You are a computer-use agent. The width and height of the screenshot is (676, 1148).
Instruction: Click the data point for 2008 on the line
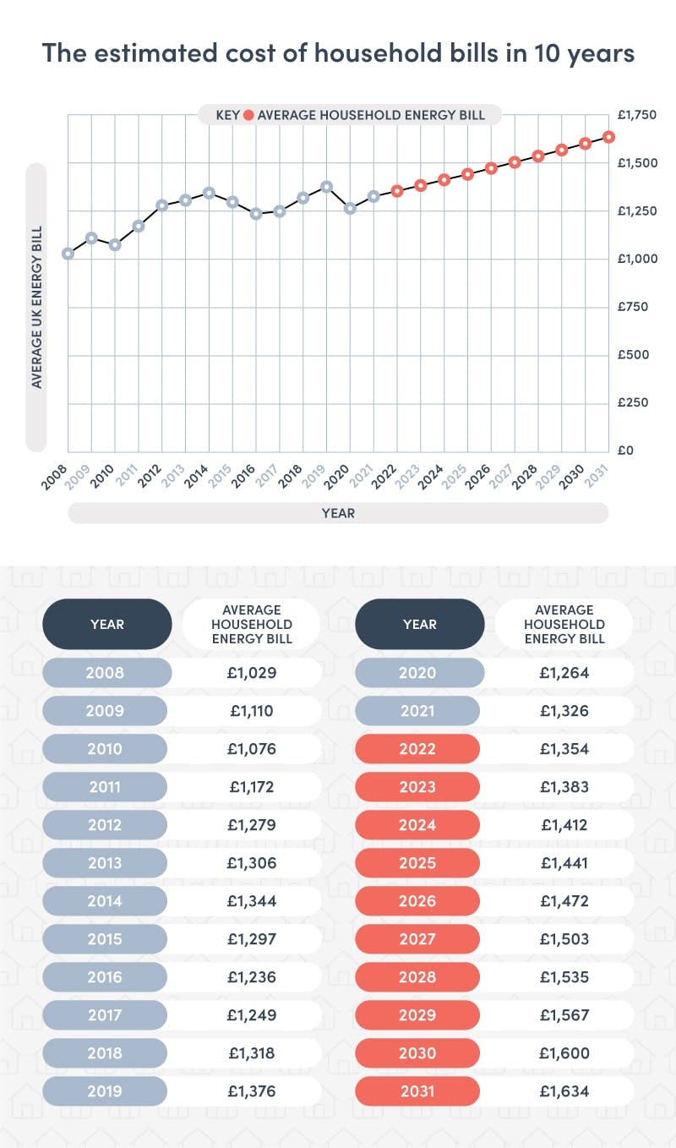point(68,254)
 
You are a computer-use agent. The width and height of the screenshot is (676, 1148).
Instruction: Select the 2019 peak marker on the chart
point(327,187)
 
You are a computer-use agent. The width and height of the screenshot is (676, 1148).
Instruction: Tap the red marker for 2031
point(608,137)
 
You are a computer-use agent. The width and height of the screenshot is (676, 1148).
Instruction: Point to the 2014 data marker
point(210,193)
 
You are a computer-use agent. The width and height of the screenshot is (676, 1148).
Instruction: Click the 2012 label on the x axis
point(150,475)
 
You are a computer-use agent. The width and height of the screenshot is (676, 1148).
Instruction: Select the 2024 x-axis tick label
point(432,475)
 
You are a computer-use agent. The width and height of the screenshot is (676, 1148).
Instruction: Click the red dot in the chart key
point(248,115)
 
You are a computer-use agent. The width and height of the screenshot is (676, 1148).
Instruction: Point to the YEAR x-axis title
point(338,513)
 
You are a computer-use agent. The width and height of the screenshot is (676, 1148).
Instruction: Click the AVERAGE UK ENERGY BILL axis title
point(36,307)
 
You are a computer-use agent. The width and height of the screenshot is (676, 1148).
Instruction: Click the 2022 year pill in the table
point(419,749)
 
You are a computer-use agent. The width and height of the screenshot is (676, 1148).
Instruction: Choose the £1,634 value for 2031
point(564,1091)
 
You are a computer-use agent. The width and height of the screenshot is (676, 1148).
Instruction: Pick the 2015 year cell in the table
point(106,939)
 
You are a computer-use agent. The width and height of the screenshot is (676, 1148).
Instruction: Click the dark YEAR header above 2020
point(419,625)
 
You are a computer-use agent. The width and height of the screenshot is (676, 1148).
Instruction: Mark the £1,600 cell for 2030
point(564,1053)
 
